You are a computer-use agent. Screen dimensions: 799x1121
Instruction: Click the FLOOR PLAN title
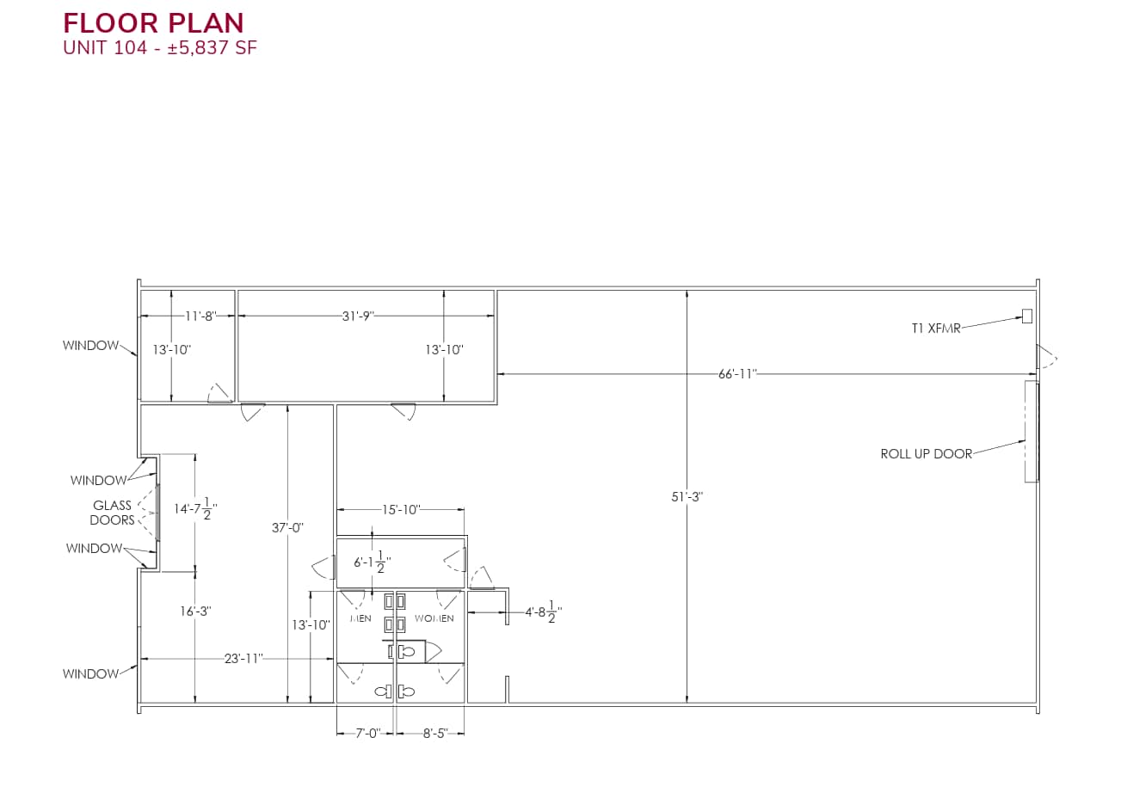(x=153, y=22)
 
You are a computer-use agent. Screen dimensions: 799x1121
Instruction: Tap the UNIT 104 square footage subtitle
(x=160, y=48)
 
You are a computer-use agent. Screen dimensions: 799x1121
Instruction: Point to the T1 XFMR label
(x=935, y=328)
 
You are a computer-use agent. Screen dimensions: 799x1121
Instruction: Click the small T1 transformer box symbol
(x=1026, y=316)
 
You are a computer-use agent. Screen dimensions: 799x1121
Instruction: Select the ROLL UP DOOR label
(x=926, y=453)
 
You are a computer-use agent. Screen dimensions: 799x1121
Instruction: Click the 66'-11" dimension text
(x=736, y=373)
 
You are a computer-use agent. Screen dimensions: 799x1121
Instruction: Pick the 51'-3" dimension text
(x=687, y=496)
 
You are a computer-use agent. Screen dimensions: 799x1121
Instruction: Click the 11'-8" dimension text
(x=199, y=316)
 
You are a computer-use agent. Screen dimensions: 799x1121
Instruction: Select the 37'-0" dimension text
(x=287, y=527)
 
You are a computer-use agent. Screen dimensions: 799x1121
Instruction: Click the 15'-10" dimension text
(x=401, y=509)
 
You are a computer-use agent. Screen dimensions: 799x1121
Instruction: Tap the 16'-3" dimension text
(x=195, y=611)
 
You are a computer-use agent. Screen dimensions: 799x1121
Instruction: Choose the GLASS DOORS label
(x=113, y=513)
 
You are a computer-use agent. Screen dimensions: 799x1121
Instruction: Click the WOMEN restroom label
(x=434, y=618)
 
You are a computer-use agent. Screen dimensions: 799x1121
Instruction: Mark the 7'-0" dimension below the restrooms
(x=367, y=734)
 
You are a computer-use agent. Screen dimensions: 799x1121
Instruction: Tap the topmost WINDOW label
(x=90, y=346)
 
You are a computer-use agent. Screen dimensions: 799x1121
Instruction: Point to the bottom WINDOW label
(x=90, y=673)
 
